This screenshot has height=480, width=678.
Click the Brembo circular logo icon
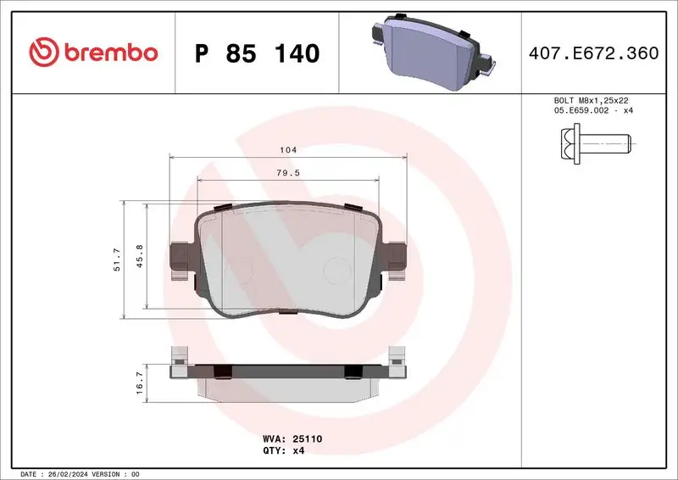pyautogui.click(x=42, y=53)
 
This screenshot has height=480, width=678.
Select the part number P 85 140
pyautogui.click(x=257, y=53)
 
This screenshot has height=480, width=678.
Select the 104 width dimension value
pyautogui.click(x=288, y=149)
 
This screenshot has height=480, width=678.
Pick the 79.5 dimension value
pyautogui.click(x=288, y=172)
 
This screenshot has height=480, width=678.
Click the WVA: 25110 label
pyautogui.click(x=288, y=439)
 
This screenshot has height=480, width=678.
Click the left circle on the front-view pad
pyautogui.click(x=240, y=270)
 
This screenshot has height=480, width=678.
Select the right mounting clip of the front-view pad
pyautogui.click(x=395, y=259)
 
